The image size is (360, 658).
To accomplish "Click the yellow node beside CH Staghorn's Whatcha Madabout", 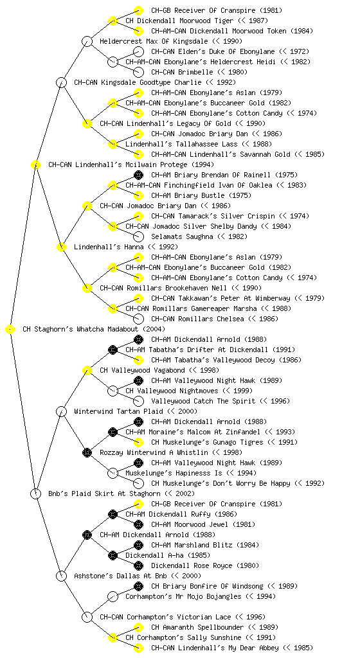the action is pyautogui.click(x=10, y=330).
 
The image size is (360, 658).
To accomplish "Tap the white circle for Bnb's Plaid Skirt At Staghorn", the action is pyautogui.click(x=35, y=494).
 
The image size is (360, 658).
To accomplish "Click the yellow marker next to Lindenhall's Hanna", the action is pyautogui.click(x=61, y=247).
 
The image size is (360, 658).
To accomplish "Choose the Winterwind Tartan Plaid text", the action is pyautogui.click(x=119, y=412).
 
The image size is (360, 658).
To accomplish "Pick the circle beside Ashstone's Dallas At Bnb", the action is pyautogui.click(x=61, y=576).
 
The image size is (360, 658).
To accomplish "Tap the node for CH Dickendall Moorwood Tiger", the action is pyautogui.click(x=113, y=21).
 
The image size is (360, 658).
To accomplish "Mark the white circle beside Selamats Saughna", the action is pyautogui.click(x=138, y=236).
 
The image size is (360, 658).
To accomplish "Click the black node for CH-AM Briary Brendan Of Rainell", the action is pyautogui.click(x=138, y=175).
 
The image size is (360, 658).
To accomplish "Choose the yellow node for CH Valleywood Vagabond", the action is pyautogui.click(x=87, y=371).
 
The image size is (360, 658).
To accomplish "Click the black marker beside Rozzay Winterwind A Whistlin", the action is pyautogui.click(x=87, y=453).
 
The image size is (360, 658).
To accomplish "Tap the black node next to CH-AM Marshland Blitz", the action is pyautogui.click(x=138, y=545).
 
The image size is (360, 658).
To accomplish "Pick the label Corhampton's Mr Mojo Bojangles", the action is pyautogui.click(x=183, y=597).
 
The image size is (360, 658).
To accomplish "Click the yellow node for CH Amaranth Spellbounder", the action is pyautogui.click(x=138, y=627).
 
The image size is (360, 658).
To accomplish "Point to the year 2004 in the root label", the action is pyautogui.click(x=154, y=330).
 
